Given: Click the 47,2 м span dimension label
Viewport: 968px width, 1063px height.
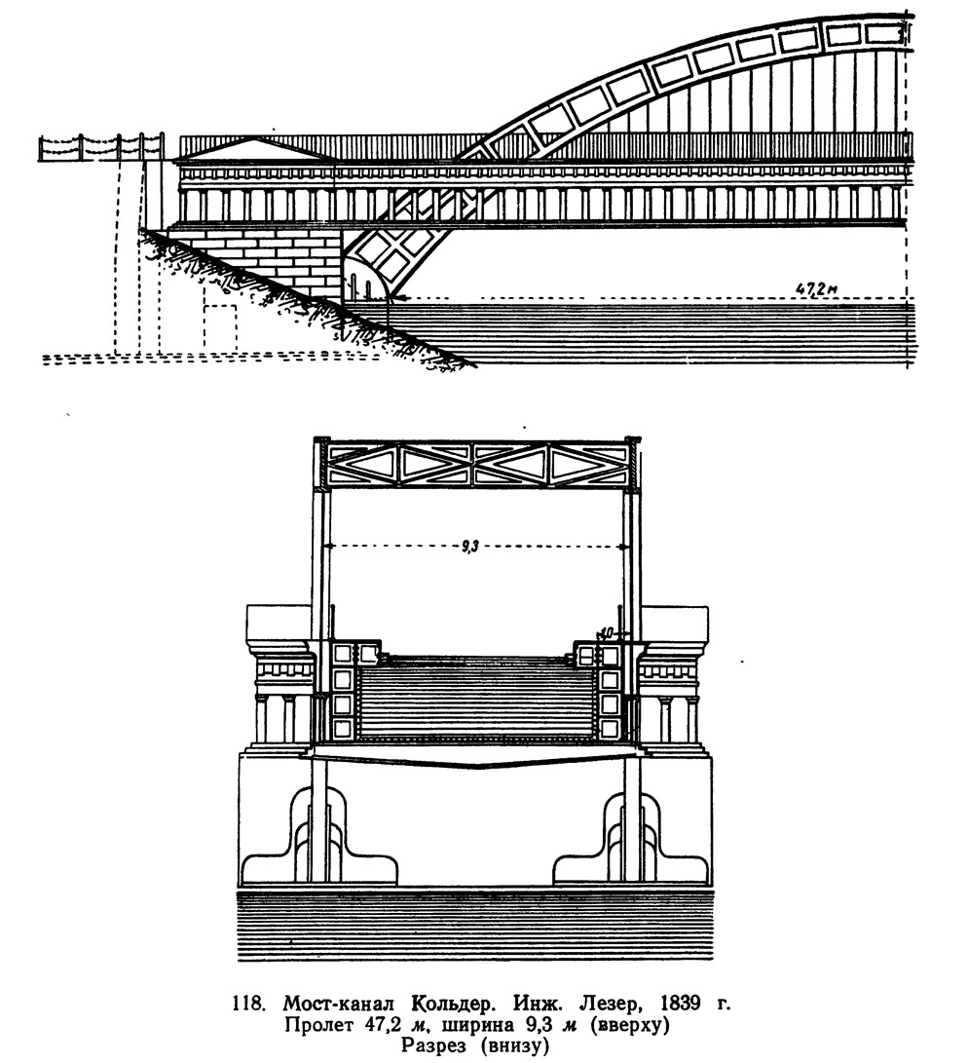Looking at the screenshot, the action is (x=817, y=289).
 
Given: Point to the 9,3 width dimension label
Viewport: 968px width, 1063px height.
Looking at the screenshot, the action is (x=470, y=547).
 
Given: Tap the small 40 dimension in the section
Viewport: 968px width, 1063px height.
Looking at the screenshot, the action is (x=606, y=632).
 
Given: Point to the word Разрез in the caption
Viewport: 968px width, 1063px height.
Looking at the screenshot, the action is (x=432, y=1045).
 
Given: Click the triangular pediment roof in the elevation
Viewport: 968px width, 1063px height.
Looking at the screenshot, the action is (x=255, y=149).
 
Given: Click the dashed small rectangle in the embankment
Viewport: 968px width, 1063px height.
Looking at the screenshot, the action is (x=221, y=328).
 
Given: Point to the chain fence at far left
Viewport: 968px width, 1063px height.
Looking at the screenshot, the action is (x=101, y=146).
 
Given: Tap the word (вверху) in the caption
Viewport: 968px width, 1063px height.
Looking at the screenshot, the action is (x=631, y=1024).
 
